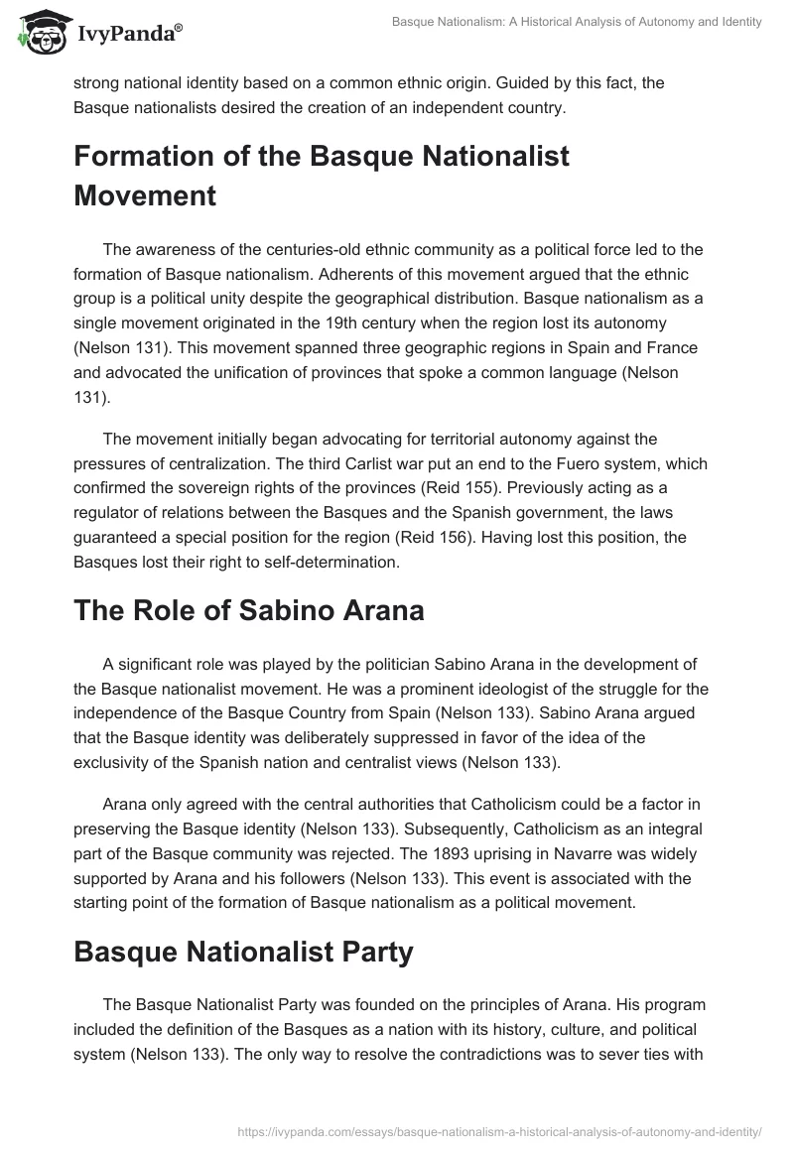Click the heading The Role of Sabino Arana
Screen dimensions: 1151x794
(x=249, y=610)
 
